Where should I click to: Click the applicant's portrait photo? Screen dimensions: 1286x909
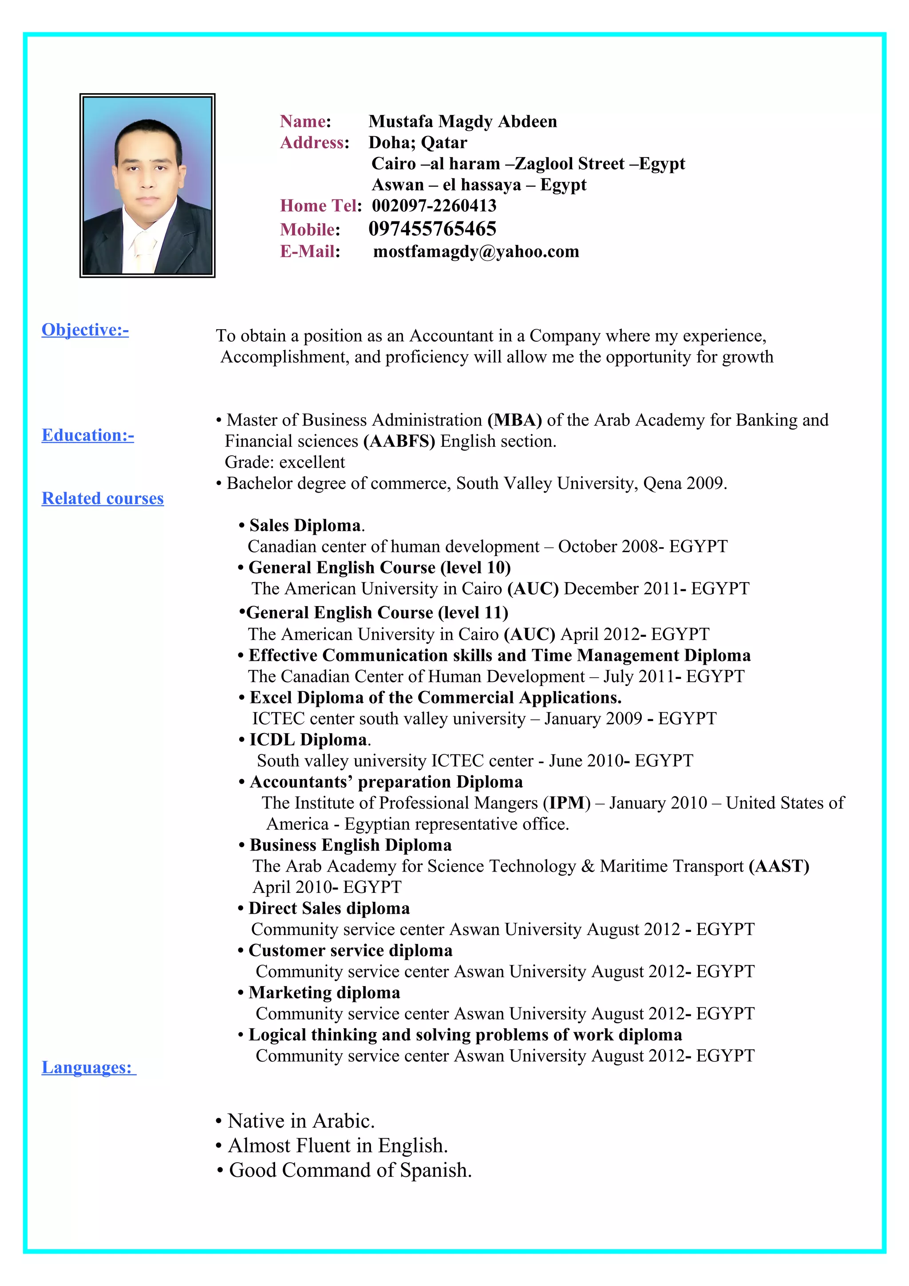tap(147, 185)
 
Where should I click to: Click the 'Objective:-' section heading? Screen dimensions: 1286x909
tap(85, 330)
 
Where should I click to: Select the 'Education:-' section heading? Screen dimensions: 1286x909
tap(88, 435)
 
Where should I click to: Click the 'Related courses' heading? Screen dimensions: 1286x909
tap(103, 498)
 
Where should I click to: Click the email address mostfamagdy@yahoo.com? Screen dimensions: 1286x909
tap(476, 252)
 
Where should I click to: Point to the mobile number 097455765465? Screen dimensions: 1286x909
tap(432, 229)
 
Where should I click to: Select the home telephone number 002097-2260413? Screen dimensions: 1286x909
tap(434, 205)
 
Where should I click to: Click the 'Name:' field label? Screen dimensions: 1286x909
tap(305, 122)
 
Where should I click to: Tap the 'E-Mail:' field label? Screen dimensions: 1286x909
tap(310, 252)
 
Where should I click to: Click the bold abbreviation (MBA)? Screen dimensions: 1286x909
tap(515, 420)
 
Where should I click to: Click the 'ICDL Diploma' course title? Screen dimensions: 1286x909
tap(308, 740)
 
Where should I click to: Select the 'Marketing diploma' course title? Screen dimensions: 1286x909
tap(324, 993)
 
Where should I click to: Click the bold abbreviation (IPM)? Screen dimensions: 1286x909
tap(567, 803)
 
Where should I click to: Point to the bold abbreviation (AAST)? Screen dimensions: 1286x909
tap(779, 867)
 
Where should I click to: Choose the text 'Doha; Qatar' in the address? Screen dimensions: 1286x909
tap(418, 143)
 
